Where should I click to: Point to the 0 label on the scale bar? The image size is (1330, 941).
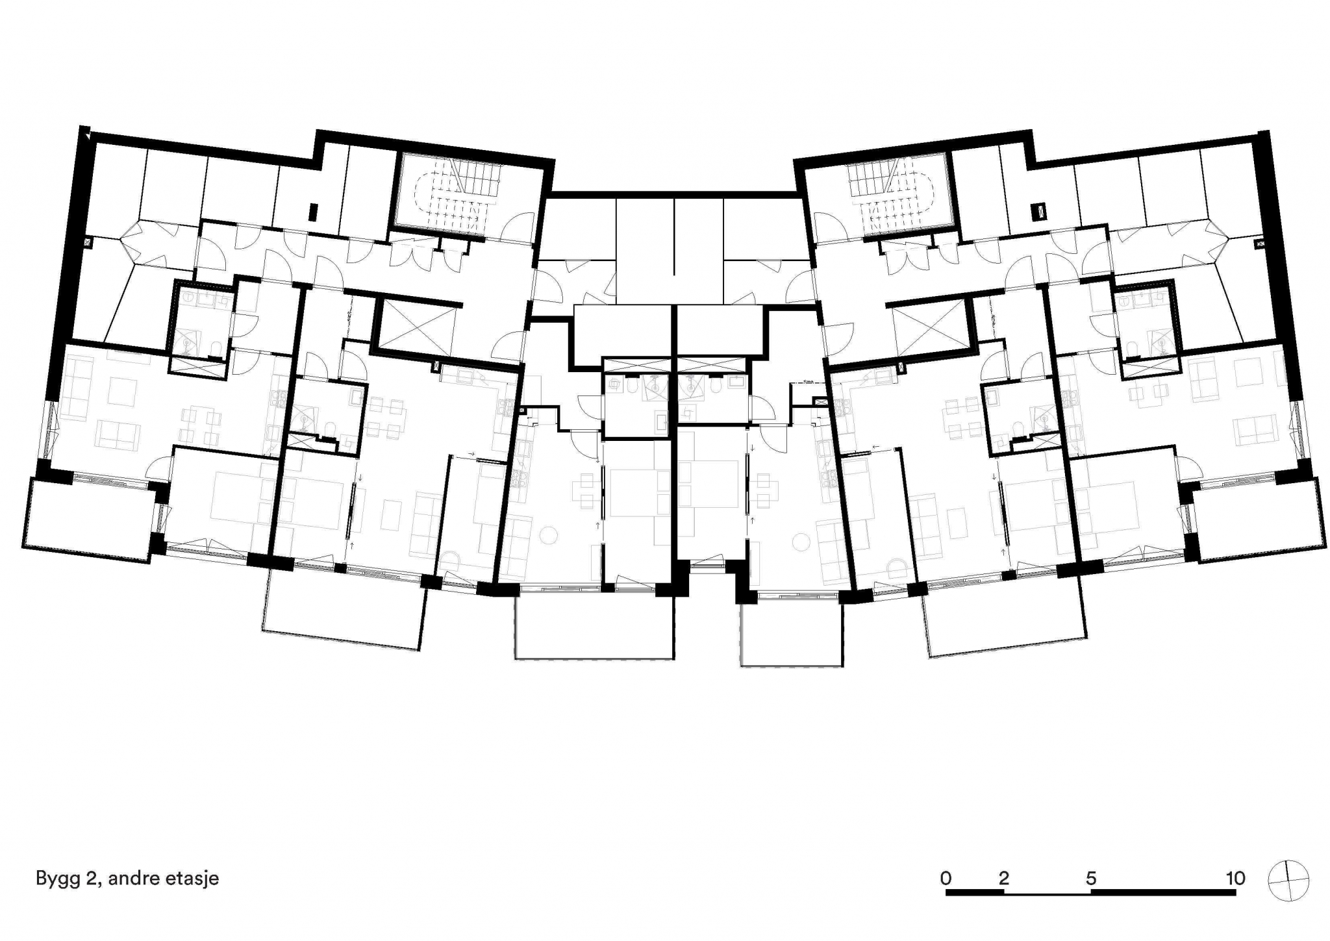[x=946, y=878]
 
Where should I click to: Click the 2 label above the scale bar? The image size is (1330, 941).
[x=1004, y=878]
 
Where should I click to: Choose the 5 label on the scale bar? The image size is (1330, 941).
[x=1091, y=878]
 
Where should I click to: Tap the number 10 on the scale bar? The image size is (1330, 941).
[x=1235, y=878]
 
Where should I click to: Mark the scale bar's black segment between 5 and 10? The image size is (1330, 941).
[x=1163, y=893]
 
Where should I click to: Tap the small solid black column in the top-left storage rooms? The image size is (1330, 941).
[x=314, y=212]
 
